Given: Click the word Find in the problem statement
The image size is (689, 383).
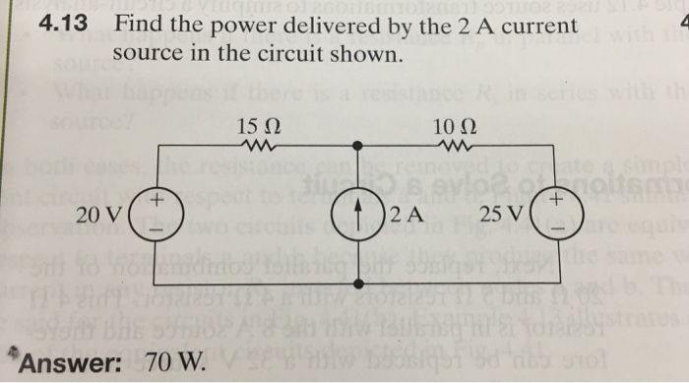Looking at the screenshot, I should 136,23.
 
